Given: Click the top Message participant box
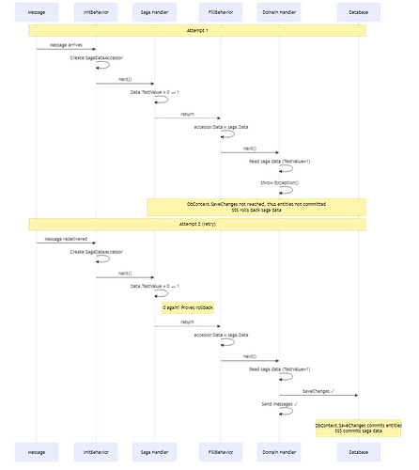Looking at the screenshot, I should point(38,11).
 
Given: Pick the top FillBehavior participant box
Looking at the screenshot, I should point(220,11).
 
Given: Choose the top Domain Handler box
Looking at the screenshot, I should point(281,11).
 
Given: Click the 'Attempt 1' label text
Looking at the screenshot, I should point(197,30).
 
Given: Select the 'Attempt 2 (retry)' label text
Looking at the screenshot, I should point(197,224).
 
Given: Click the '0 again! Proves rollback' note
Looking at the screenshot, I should point(188,307).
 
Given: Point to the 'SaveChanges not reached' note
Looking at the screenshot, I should point(256,205).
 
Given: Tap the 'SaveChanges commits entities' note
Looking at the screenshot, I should point(366,428).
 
